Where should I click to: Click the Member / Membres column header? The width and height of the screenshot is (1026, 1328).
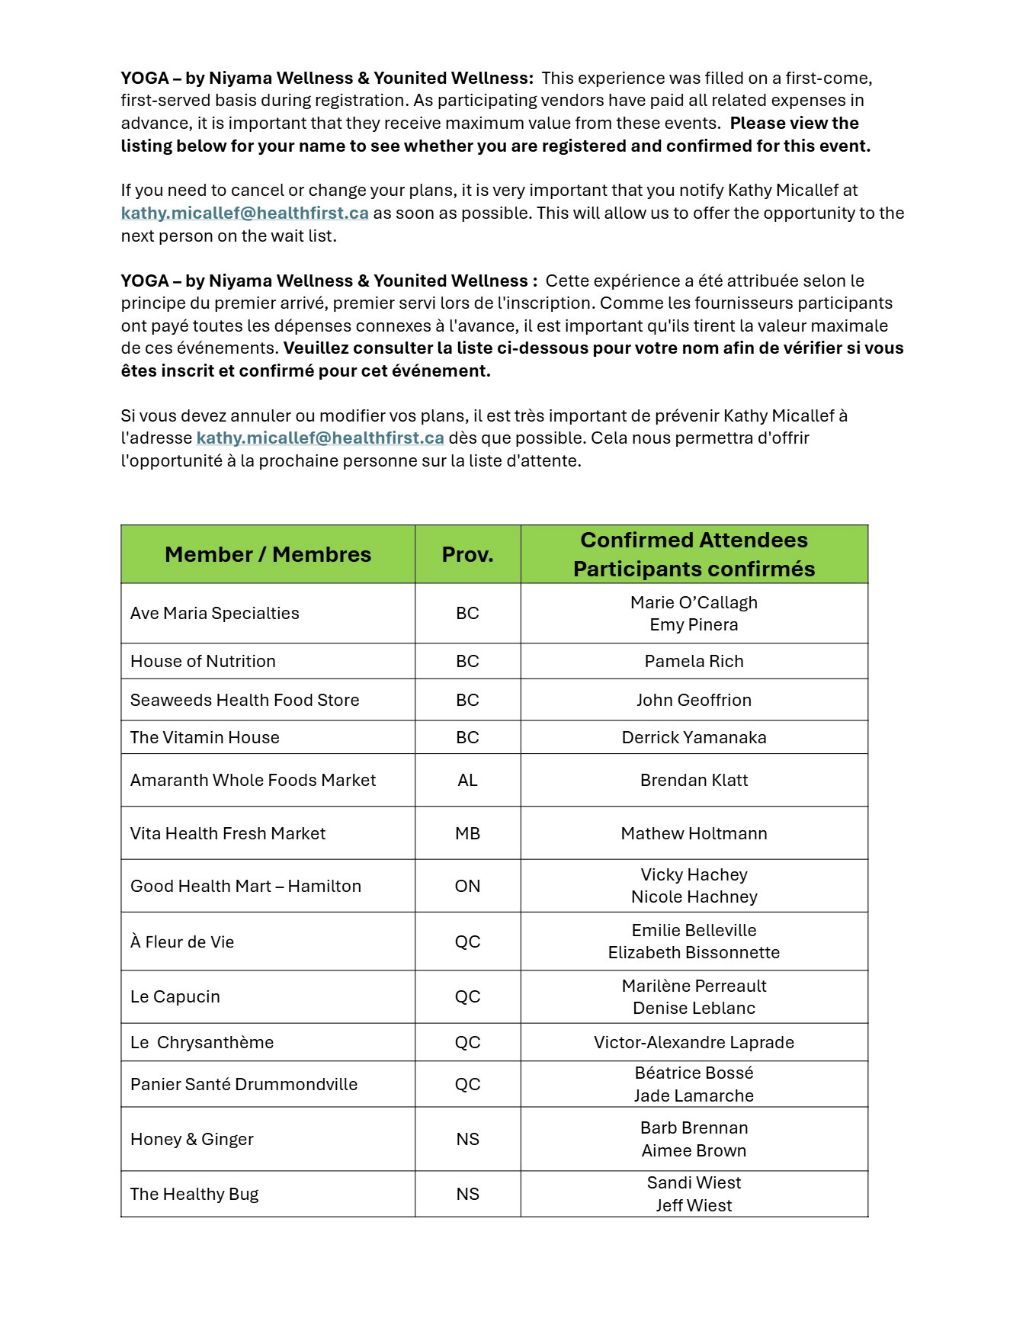tap(268, 554)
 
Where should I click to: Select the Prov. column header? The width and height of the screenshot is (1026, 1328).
tap(467, 554)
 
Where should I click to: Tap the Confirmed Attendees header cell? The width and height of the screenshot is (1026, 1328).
tap(694, 554)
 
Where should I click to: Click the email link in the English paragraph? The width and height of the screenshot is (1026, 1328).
tap(245, 213)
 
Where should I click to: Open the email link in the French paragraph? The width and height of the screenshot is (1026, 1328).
tap(320, 438)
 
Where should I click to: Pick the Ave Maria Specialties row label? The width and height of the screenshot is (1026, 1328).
tap(215, 613)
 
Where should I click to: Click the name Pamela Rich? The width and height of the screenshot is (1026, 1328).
tap(694, 661)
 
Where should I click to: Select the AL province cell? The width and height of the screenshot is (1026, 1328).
tap(467, 780)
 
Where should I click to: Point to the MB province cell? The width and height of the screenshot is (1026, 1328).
tap(467, 833)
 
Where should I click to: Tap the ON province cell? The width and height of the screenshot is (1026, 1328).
tap(467, 886)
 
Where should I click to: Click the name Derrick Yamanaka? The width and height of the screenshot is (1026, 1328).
tap(694, 737)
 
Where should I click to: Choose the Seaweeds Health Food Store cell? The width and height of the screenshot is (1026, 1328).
tap(245, 700)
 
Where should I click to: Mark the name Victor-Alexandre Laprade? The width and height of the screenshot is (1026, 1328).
tap(694, 1042)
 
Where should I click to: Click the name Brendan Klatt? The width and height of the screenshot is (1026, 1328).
tap(694, 780)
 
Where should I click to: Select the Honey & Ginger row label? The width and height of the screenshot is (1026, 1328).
tap(192, 1139)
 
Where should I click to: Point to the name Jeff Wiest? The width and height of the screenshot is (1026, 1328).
tap(694, 1205)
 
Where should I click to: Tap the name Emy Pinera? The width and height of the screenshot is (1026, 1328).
tap(694, 624)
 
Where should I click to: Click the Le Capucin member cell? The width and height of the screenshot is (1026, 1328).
tap(175, 996)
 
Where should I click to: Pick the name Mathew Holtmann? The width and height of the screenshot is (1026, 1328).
tap(694, 833)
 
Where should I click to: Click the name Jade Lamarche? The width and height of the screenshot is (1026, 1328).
tap(694, 1095)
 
